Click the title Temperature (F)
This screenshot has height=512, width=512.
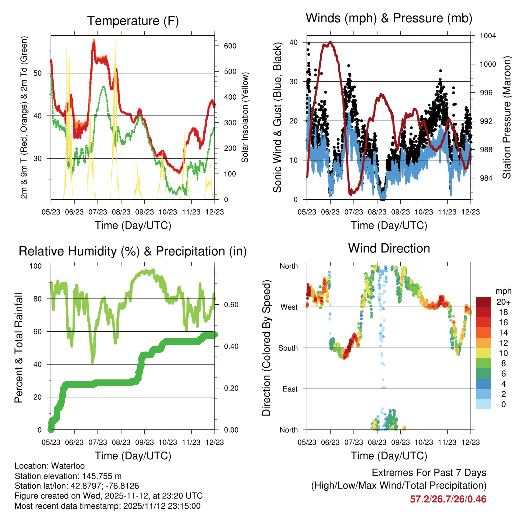click(x=133, y=21)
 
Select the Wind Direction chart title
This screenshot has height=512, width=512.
click(x=389, y=248)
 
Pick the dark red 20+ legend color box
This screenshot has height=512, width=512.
click(x=484, y=302)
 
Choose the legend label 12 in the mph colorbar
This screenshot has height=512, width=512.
click(x=503, y=343)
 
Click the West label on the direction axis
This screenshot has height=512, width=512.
click(x=289, y=307)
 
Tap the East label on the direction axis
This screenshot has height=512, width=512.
click(x=290, y=389)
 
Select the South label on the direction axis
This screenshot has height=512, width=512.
click(x=288, y=348)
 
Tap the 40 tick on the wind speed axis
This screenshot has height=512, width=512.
click(x=294, y=43)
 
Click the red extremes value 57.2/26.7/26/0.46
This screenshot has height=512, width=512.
click(x=448, y=499)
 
